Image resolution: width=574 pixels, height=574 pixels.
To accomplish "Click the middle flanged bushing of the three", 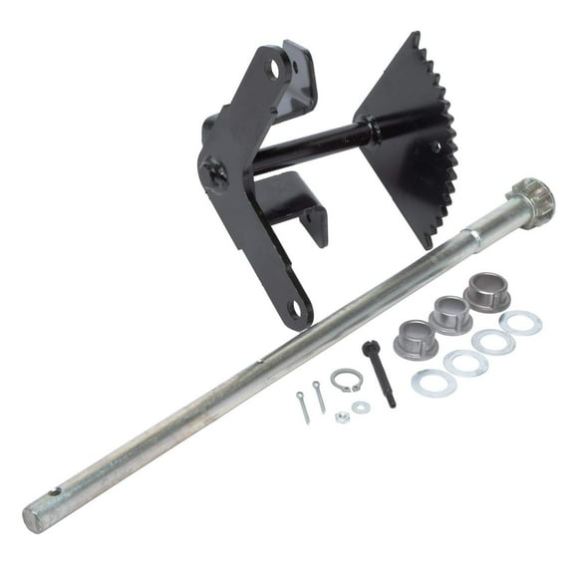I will coord(450,313).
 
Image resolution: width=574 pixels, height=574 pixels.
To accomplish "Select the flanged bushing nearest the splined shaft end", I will coord(486,292).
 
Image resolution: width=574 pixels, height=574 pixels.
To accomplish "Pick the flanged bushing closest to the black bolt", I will coord(415,338).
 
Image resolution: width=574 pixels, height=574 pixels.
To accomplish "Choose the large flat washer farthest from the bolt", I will coord(520,323).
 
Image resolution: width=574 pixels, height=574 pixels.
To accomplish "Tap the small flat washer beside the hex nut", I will coord(361,407).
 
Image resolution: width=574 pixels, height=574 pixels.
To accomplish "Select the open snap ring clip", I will coord(346,380).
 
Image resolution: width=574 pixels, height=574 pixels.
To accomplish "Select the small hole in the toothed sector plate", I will coord(433,146).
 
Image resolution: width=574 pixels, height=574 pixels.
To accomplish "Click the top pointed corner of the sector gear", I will coord(411,34).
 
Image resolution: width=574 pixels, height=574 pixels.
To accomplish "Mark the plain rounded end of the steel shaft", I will coord(32,517).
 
